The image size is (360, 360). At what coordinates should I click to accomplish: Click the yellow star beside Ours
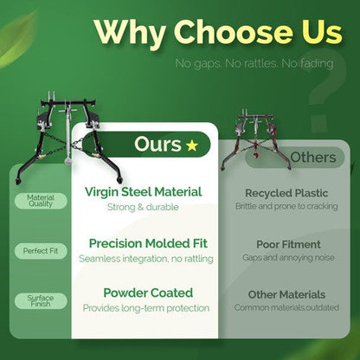pyautogui.click(x=192, y=145)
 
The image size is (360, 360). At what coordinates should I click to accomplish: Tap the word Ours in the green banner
pyautogui.click(x=157, y=144)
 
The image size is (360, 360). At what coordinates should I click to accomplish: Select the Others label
pyautogui.click(x=313, y=157)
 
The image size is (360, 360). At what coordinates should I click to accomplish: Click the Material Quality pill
pyautogui.click(x=41, y=201)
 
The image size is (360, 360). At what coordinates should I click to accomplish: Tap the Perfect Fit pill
pyautogui.click(x=41, y=251)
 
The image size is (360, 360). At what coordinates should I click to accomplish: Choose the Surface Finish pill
pyautogui.click(x=41, y=301)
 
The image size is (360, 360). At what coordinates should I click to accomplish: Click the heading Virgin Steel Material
pyautogui.click(x=144, y=192)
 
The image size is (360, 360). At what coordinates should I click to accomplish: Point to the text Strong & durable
pyautogui.click(x=143, y=207)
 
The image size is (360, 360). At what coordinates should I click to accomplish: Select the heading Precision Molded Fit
pyautogui.click(x=148, y=243)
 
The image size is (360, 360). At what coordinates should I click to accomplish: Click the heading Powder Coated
pyautogui.click(x=148, y=292)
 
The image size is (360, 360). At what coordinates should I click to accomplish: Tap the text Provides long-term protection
pyautogui.click(x=146, y=308)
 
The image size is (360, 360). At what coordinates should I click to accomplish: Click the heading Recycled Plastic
pyautogui.click(x=286, y=193)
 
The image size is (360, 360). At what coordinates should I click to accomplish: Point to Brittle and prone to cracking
pyautogui.click(x=286, y=206)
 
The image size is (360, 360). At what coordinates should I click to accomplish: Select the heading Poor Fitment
pyautogui.click(x=288, y=245)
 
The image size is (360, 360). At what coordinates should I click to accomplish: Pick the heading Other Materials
pyautogui.click(x=286, y=294)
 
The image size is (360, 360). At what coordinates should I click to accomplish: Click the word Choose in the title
pyautogui.click(x=233, y=32)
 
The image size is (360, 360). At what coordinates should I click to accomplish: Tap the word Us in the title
pyautogui.click(x=320, y=32)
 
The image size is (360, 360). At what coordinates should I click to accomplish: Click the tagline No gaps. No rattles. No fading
pyautogui.click(x=254, y=63)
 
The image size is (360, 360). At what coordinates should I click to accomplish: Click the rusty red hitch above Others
pyautogui.click(x=255, y=139)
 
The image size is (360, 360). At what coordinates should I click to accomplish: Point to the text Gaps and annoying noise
pyautogui.click(x=288, y=258)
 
